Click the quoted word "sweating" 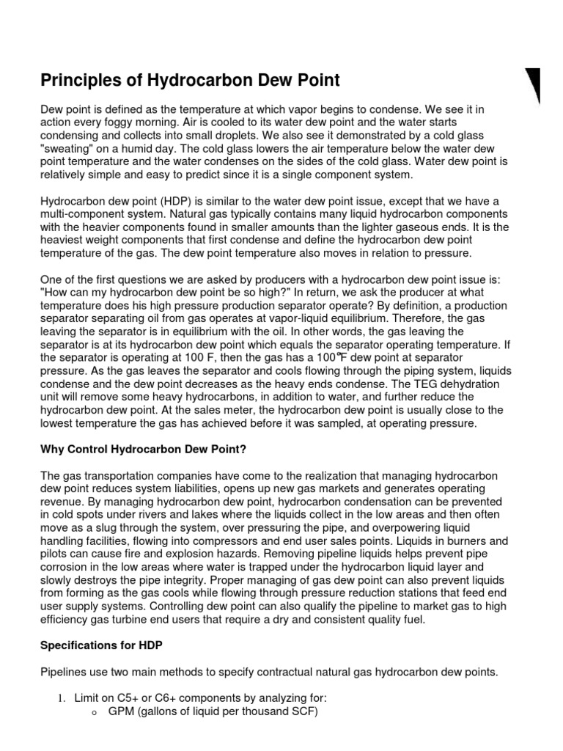pyautogui.click(x=68, y=147)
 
